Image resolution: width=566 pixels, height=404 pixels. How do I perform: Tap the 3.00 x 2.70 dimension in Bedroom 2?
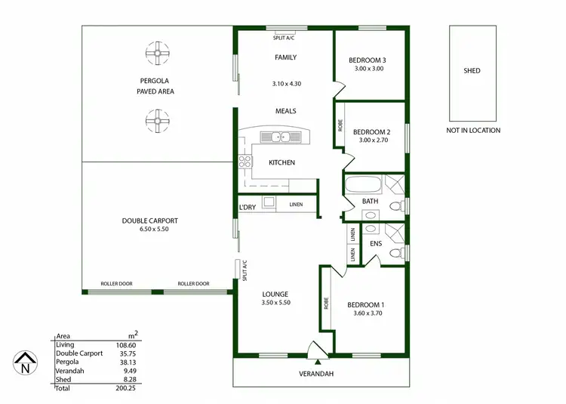click(x=370, y=140)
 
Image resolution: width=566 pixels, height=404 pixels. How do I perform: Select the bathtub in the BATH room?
click(x=363, y=183)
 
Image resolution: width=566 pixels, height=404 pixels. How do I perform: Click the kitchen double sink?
click(x=278, y=137)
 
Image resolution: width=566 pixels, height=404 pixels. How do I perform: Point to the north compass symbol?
click(x=25, y=364)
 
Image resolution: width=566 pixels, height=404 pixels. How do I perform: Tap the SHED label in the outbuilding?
click(x=472, y=71)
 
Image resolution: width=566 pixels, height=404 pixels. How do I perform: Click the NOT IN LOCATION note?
click(x=473, y=131)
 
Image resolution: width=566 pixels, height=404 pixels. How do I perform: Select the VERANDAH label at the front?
click(x=317, y=374)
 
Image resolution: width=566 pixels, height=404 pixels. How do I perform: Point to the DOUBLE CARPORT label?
click(x=149, y=221)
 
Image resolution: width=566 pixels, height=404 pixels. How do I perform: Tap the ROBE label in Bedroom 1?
click(x=326, y=303)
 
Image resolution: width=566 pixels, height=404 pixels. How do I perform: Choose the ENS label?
click(x=375, y=244)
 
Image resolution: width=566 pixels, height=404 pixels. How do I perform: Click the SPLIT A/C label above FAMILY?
click(x=285, y=37)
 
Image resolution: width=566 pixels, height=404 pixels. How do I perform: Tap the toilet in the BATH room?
click(x=393, y=207)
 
